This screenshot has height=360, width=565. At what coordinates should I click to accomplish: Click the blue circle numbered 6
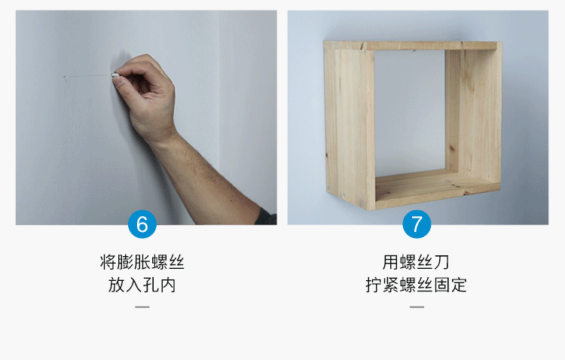tap(142, 224)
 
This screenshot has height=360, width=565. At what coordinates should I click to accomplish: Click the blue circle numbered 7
tap(417, 224)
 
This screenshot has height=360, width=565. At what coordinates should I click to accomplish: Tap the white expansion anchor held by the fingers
tap(115, 75)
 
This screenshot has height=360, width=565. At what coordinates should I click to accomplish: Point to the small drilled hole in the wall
tap(65, 77)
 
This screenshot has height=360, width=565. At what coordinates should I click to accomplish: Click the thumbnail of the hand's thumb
tap(117, 81)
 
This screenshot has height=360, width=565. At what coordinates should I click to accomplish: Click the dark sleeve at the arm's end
tap(267, 217)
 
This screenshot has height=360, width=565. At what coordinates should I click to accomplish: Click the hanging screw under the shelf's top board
tap(414, 50)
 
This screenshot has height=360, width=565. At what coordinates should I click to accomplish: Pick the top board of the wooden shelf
tap(411, 45)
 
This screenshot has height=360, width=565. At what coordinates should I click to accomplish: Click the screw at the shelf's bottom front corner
tap(362, 204)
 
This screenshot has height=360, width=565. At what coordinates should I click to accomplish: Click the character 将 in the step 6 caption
tap(108, 262)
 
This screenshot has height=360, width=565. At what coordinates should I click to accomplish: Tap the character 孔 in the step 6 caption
tap(151, 285)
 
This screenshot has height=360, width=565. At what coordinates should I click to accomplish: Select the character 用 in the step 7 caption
tap(391, 262)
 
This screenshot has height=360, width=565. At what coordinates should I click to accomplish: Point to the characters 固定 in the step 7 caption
tap(450, 285)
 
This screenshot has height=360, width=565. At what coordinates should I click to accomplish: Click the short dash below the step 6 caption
tap(142, 307)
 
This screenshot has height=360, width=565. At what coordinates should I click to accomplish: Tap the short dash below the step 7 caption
tap(417, 307)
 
